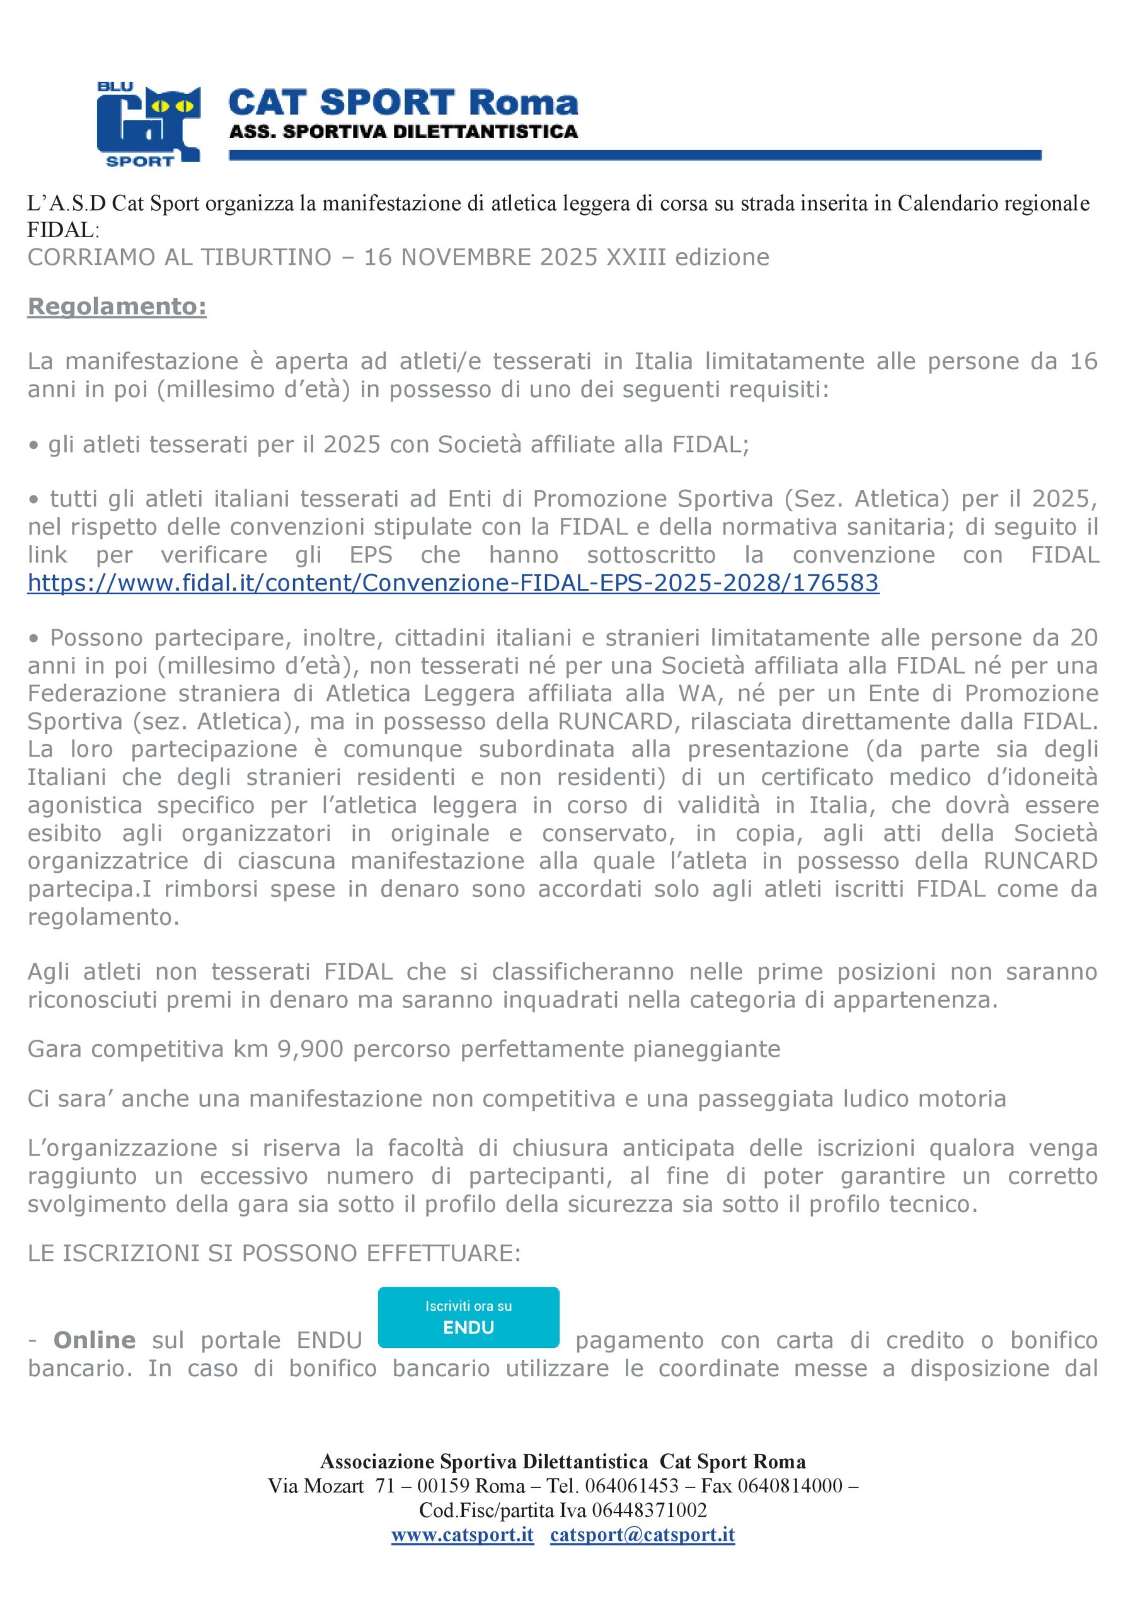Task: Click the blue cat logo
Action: click(148, 125)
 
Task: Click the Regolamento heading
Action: click(117, 306)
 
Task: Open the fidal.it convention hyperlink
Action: click(452, 583)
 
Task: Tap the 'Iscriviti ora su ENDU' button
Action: click(468, 1317)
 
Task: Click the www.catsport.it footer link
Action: click(462, 1535)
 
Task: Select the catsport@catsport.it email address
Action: click(642, 1535)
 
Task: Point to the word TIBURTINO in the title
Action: click(267, 257)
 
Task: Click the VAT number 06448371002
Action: click(648, 1510)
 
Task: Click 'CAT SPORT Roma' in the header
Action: click(403, 103)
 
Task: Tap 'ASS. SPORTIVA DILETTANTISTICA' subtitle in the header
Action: click(403, 132)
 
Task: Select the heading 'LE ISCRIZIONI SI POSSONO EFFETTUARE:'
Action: click(274, 1253)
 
